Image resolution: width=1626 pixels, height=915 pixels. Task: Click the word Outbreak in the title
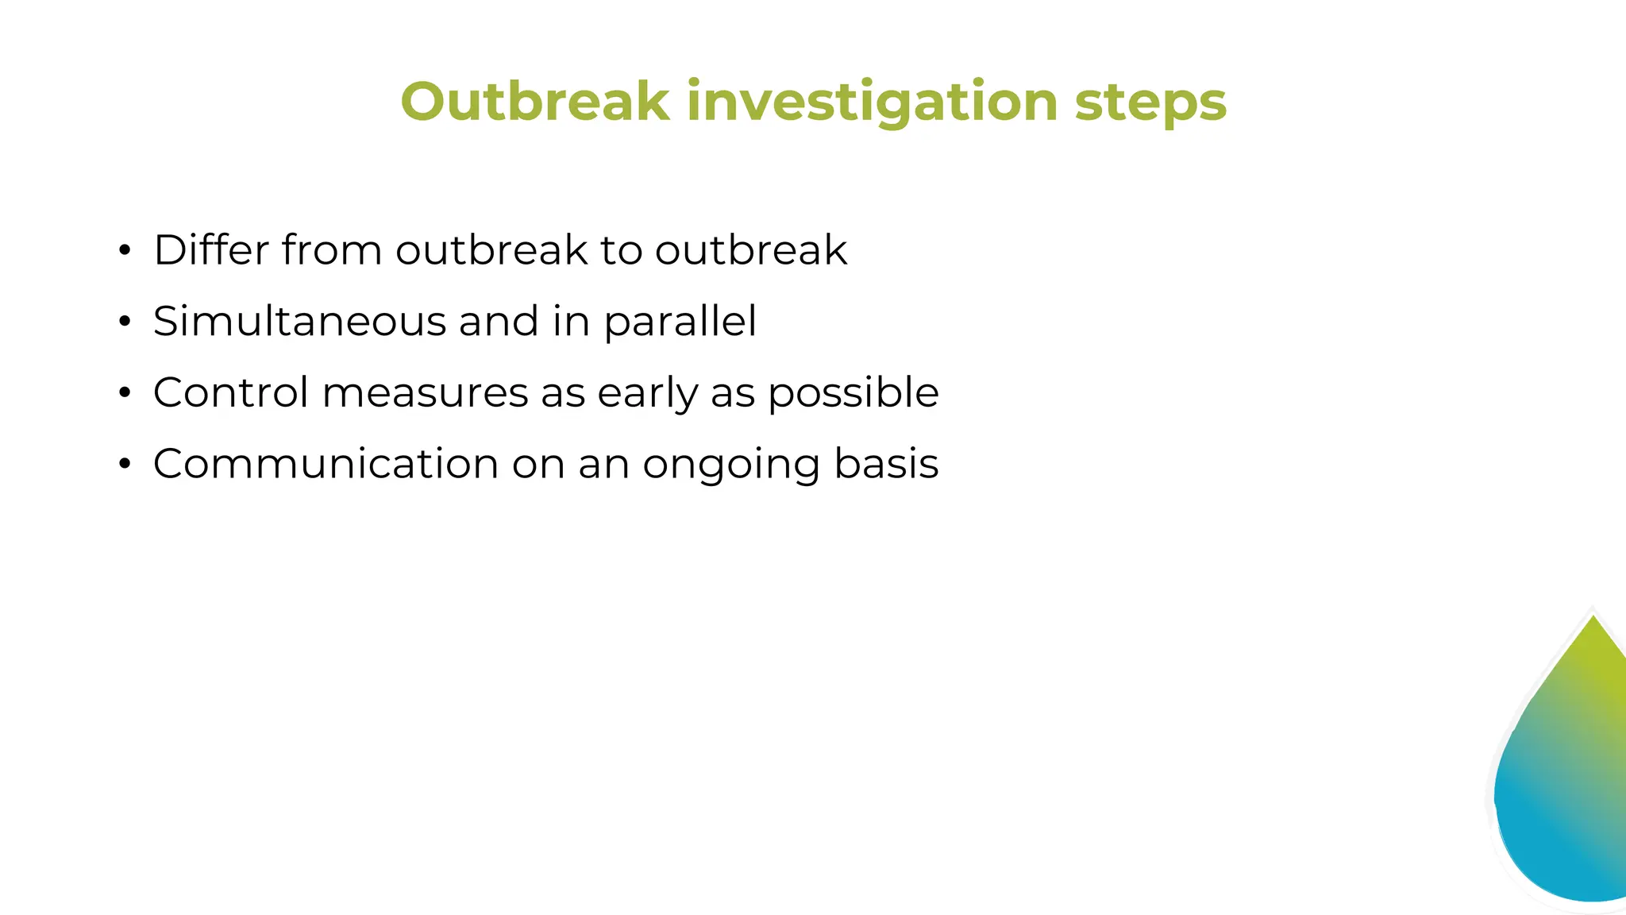click(x=535, y=102)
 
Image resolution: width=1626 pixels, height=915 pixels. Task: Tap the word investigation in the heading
click(x=872, y=103)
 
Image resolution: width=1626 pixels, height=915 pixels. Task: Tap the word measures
click(x=425, y=394)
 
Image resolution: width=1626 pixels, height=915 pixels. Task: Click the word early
click(x=647, y=394)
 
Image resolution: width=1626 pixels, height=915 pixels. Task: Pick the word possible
click(x=853, y=394)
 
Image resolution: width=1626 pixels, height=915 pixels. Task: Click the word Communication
click(x=326, y=464)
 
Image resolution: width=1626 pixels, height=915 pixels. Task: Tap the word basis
click(x=886, y=464)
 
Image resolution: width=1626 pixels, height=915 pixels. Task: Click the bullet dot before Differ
click(x=124, y=251)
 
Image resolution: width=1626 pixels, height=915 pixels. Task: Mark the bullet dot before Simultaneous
click(x=124, y=322)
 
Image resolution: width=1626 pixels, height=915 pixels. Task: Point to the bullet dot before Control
click(x=124, y=393)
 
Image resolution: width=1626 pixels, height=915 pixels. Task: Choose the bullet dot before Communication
click(x=124, y=464)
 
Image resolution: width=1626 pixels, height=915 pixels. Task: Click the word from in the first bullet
click(x=331, y=250)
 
